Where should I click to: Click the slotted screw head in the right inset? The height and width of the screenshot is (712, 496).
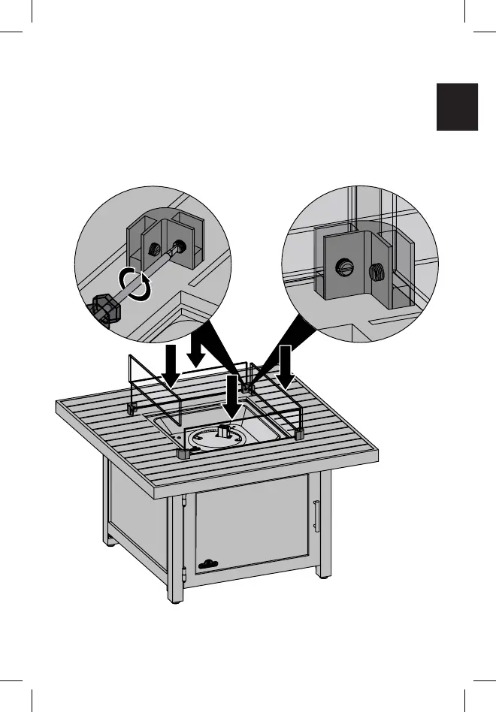click(x=346, y=266)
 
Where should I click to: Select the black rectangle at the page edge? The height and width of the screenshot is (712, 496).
click(x=457, y=107)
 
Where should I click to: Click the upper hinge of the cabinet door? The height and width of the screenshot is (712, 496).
click(x=184, y=500)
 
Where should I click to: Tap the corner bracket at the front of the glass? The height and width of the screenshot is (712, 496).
click(x=183, y=453)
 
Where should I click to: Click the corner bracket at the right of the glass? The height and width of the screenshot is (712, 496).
click(x=300, y=434)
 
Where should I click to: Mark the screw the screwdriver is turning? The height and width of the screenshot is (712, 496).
click(x=181, y=245)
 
